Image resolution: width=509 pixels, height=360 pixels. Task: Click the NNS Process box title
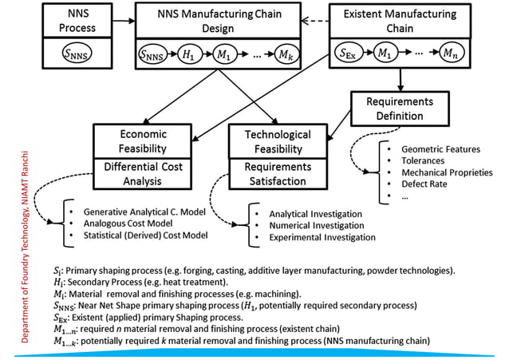click(68, 21)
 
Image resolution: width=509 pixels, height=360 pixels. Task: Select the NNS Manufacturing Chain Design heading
click(219, 21)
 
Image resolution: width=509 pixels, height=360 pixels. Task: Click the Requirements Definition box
click(399, 109)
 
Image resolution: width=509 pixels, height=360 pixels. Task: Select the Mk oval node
click(283, 57)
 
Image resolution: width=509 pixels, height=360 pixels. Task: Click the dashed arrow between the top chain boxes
click(320, 22)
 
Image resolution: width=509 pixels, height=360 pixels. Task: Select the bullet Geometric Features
click(440, 148)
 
